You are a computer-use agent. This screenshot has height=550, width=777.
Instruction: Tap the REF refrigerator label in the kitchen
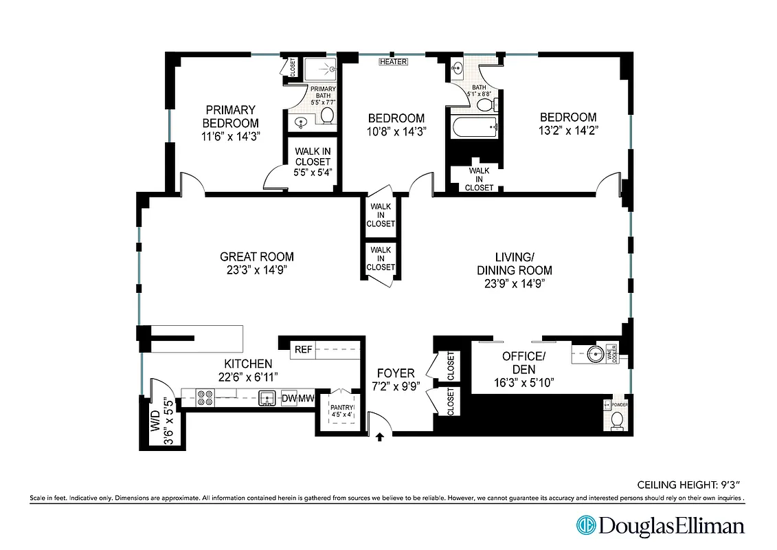(x=303, y=349)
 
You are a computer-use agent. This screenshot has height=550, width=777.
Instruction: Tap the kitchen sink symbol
(x=268, y=397)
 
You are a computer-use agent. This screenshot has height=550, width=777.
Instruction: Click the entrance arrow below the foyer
(x=379, y=435)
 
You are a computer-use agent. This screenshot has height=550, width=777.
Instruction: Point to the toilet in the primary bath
(x=328, y=114)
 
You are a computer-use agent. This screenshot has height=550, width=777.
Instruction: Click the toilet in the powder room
(x=617, y=419)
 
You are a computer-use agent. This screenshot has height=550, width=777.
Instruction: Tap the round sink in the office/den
(x=596, y=354)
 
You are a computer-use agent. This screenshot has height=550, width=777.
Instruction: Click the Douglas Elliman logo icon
(x=586, y=526)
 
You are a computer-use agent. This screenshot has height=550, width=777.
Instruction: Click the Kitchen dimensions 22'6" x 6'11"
(x=247, y=376)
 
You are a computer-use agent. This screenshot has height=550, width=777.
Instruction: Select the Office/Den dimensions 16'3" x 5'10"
(x=523, y=382)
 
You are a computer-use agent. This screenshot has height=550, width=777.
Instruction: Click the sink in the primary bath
(x=300, y=124)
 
